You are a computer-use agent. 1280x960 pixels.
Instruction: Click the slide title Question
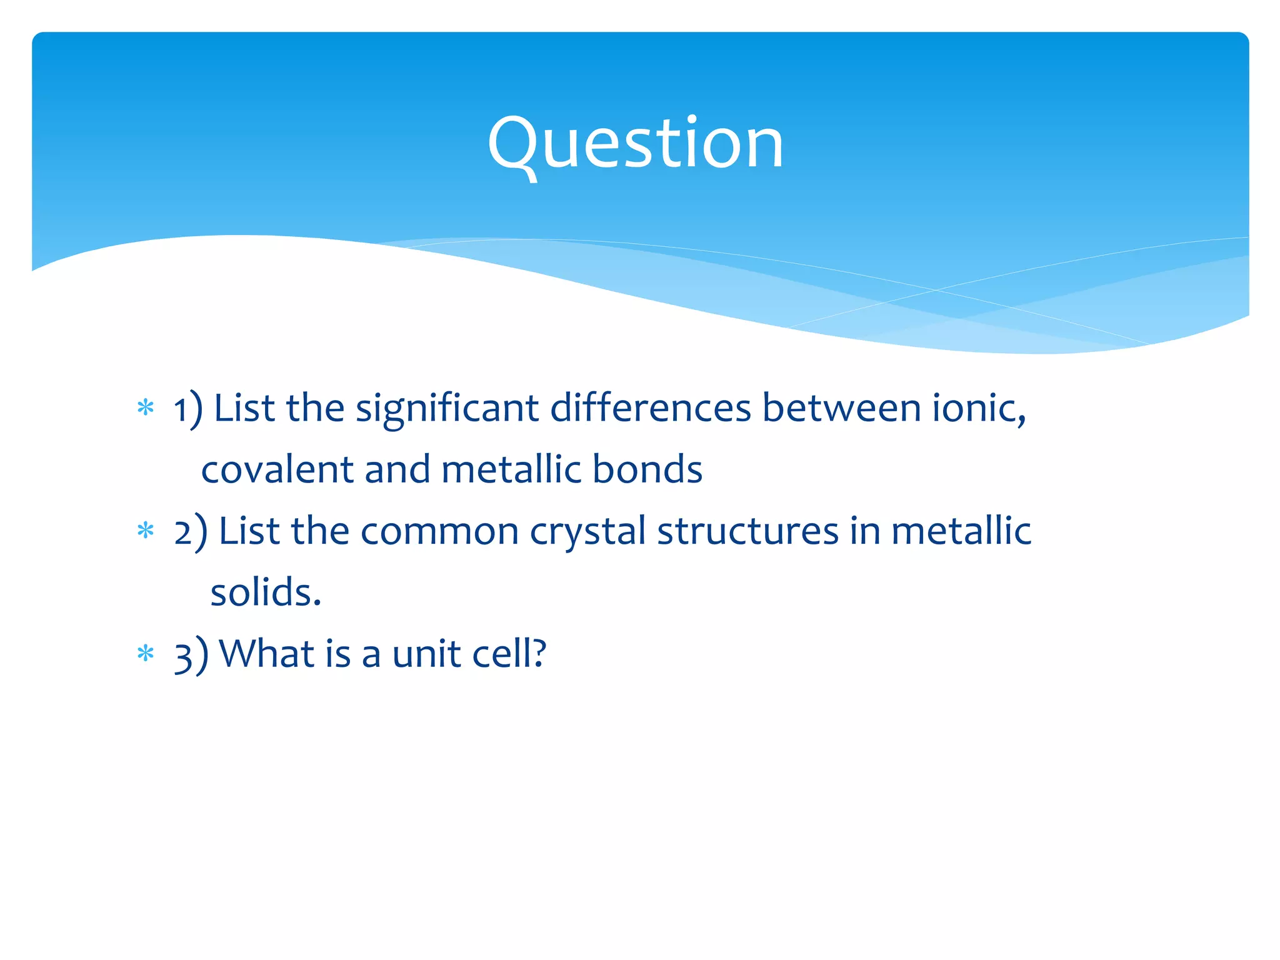click(635, 144)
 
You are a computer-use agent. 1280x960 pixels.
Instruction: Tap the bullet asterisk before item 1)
click(146, 408)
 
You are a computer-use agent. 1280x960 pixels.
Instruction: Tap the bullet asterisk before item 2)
click(146, 531)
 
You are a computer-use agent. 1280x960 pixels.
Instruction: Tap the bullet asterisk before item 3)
click(146, 654)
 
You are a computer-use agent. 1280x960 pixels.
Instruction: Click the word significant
click(447, 409)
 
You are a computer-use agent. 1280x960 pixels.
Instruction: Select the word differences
click(651, 408)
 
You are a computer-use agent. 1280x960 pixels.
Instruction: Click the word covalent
click(277, 469)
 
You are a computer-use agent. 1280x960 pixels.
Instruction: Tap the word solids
click(265, 592)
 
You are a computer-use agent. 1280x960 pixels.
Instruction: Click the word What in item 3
click(267, 654)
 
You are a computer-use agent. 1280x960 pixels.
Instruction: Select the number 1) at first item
click(188, 409)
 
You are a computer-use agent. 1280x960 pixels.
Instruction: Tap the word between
click(841, 408)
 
